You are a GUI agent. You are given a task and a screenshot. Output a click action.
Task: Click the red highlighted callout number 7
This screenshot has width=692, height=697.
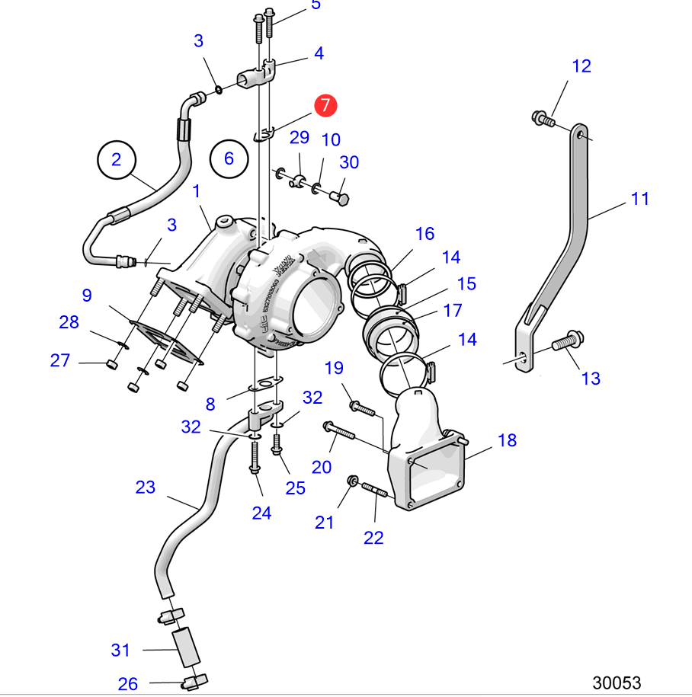click(x=325, y=105)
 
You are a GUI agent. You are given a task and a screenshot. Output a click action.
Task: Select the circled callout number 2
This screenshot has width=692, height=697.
click(x=116, y=159)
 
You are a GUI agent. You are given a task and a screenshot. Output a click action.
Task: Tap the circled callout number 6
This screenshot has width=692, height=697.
click(x=229, y=158)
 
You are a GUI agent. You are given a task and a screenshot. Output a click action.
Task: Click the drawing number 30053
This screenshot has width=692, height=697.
click(x=617, y=683)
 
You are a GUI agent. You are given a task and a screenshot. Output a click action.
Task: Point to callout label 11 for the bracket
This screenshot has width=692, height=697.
click(x=640, y=199)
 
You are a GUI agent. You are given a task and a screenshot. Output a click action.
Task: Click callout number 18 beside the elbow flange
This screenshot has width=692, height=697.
click(x=507, y=440)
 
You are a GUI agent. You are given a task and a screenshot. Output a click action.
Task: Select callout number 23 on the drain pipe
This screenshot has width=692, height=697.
click(x=145, y=487)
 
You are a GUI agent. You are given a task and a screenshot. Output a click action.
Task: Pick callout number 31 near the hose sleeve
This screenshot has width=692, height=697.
click(x=120, y=650)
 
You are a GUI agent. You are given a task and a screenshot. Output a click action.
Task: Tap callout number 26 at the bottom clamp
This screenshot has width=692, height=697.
click(x=127, y=683)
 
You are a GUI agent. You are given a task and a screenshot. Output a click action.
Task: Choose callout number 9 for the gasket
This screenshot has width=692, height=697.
click(x=87, y=295)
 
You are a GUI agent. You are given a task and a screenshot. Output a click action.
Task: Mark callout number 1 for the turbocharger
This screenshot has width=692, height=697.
click(x=196, y=190)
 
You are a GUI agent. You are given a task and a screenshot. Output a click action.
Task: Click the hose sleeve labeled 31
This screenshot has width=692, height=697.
click(x=187, y=646)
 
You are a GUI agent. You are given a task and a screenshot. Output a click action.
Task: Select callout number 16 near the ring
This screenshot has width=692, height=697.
click(x=424, y=232)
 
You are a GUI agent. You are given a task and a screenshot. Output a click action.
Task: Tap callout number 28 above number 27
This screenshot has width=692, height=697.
click(x=69, y=322)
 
